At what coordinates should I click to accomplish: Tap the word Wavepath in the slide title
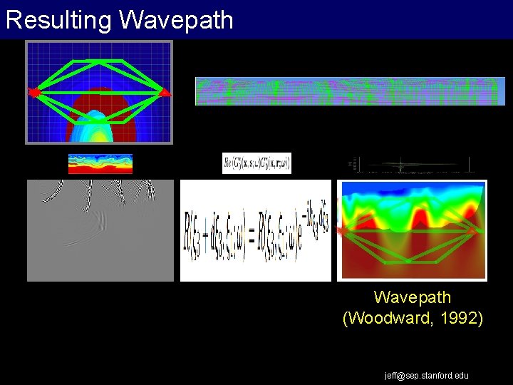pos(176,20)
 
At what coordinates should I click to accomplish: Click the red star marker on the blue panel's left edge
pos(33,92)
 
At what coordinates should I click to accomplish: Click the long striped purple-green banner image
pos(350,91)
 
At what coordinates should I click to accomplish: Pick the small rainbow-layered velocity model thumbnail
pos(100,163)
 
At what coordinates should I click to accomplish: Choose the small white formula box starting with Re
pos(256,163)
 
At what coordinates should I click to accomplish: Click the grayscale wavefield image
pos(100,230)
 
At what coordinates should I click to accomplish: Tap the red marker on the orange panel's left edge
pos(341,231)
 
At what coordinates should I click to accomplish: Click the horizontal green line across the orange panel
pos(412,232)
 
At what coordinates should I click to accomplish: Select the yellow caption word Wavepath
pos(413,297)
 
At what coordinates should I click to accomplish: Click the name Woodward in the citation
pos(390,318)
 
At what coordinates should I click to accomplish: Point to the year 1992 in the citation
pos(458,318)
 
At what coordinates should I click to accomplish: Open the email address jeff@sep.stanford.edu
pos(426,375)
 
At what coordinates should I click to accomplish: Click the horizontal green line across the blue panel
pos(99,93)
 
